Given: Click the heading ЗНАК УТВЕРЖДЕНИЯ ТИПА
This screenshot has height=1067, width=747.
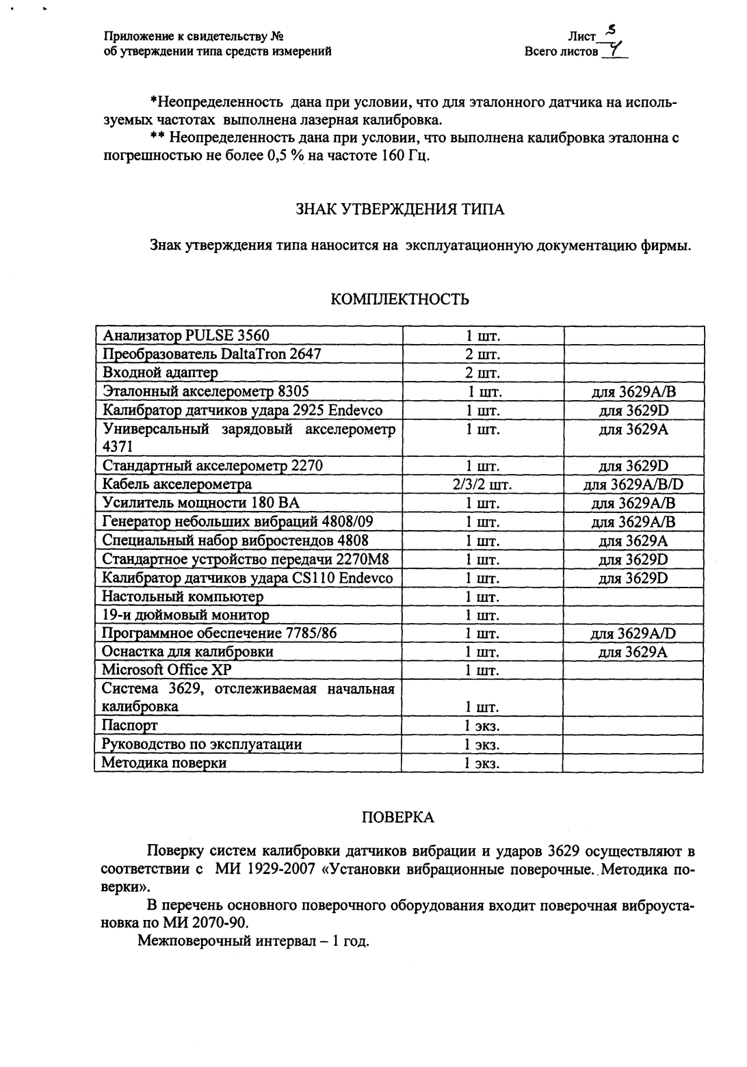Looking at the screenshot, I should pos(399,209).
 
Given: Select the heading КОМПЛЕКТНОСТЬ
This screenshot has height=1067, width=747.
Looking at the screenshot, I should pos(399,300).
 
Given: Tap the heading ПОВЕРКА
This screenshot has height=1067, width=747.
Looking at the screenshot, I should pos(397,817).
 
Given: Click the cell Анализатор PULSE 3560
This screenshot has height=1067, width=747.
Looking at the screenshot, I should pos(186,336).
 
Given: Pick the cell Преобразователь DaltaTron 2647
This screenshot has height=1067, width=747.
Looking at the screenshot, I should pos(211,354).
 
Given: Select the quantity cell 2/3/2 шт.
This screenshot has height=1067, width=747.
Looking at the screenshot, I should pos(482,485).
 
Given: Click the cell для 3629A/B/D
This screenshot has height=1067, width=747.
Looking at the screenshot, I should pos(633,485).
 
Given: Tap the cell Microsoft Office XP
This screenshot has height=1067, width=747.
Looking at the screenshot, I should pos(167,670).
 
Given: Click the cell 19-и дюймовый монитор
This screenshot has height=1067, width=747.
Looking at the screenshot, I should pos(185,615).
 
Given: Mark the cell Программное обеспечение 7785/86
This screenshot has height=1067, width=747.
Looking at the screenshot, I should pos(220,633).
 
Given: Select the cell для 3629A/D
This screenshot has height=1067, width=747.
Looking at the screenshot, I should pos(633,633).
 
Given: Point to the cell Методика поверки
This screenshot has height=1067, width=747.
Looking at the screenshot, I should pos(164,763).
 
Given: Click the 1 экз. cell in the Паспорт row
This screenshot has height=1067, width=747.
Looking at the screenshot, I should pos(482,726).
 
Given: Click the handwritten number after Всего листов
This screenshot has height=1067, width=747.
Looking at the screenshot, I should pos(615,50).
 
